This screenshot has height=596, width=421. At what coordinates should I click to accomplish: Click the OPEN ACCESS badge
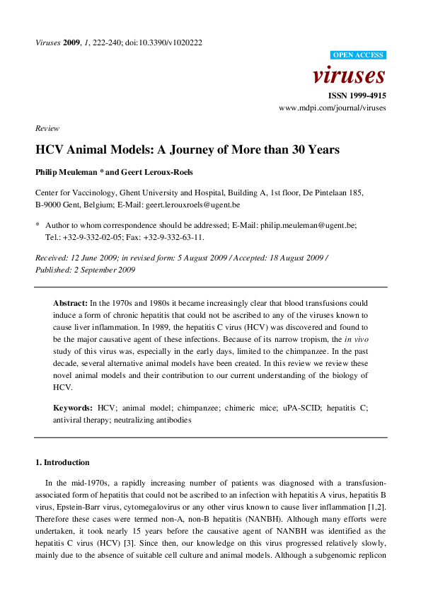click(358, 55)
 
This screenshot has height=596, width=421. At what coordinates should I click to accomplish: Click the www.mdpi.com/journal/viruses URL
click(333, 108)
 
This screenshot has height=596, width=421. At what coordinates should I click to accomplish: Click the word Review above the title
click(47, 129)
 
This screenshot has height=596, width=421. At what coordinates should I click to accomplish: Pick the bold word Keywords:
click(73, 408)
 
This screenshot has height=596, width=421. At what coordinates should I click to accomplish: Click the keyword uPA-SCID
click(296, 408)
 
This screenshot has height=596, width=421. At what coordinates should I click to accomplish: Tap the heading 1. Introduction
click(62, 462)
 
